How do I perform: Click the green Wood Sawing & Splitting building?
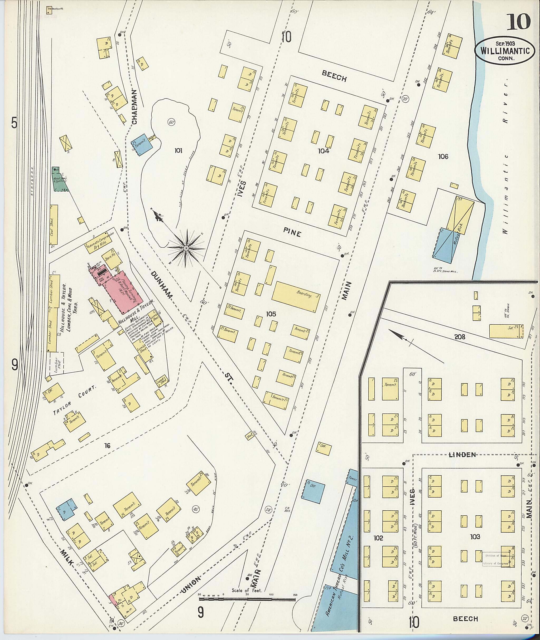tap(59, 180)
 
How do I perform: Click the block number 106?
tap(443, 157)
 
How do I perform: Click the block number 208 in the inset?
tap(460, 337)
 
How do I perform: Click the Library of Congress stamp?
tap(496, 559)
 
